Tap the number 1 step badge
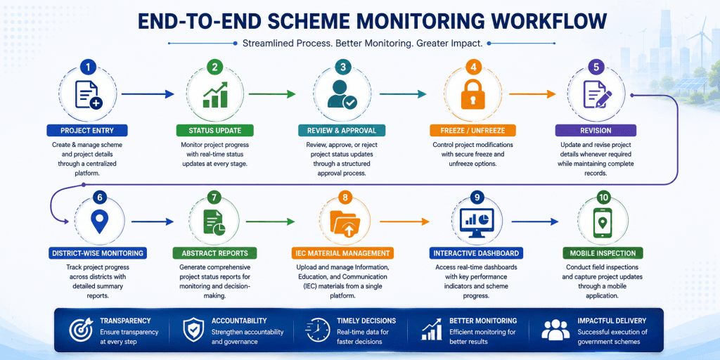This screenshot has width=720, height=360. (88, 67)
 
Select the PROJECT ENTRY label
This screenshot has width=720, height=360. (86, 130)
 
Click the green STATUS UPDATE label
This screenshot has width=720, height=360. (214, 130)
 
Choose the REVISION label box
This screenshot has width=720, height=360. (596, 130)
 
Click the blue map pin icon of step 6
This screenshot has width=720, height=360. (99, 221)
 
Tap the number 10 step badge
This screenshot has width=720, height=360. (603, 198)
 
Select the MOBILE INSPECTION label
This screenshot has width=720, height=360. (603, 253)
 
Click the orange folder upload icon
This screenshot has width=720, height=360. (345, 224)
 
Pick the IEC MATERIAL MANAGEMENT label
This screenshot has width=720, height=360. (342, 253)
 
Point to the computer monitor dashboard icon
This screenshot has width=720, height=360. (477, 222)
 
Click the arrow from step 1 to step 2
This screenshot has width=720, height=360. (148, 94)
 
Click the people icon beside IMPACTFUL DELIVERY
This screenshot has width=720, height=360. (555, 330)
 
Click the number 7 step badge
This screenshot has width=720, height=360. (214, 198)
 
